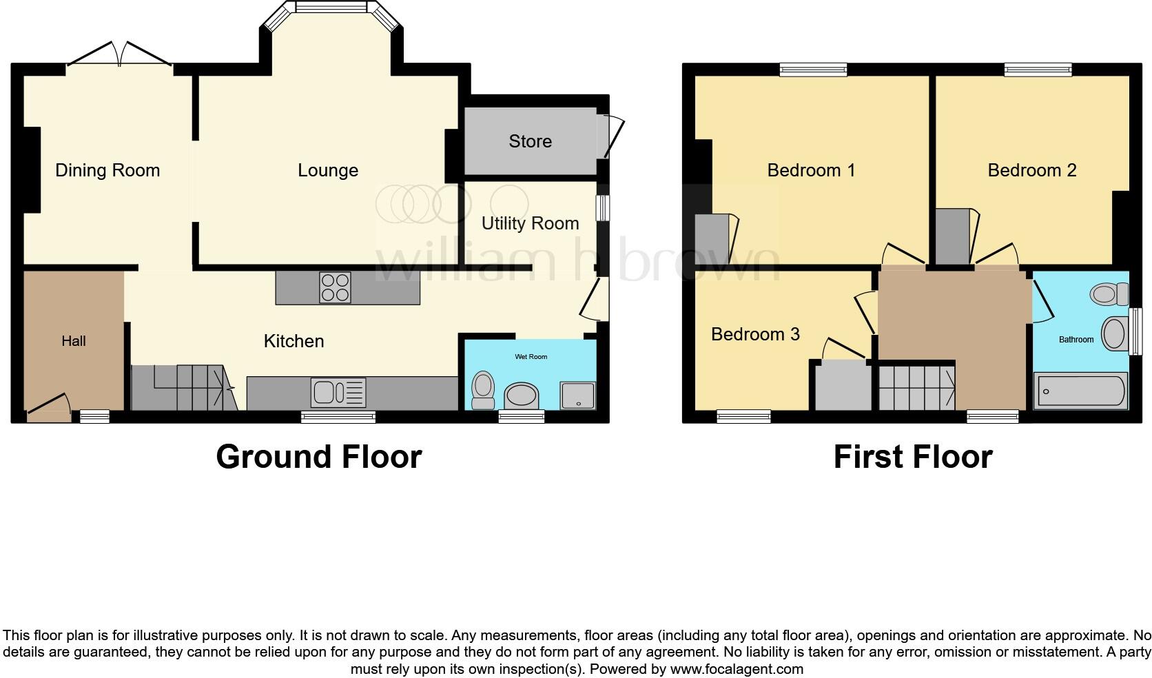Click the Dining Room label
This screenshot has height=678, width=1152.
pos(107,170)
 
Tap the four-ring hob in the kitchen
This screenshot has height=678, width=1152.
pos(336,288)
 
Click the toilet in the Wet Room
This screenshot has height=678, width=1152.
pos(482,389)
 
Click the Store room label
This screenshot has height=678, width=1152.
pos(530,141)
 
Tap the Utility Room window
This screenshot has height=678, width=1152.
pos(603,207)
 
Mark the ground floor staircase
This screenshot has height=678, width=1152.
pos(186,389)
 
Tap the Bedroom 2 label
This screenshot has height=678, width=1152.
pos(1031,170)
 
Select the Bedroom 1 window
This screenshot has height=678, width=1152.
pos(813,69)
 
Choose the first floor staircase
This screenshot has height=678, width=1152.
pos(916,387)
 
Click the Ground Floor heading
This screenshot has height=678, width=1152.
pos(318,457)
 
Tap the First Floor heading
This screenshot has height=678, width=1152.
pos(912,457)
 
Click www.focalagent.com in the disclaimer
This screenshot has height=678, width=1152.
pos(737,669)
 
